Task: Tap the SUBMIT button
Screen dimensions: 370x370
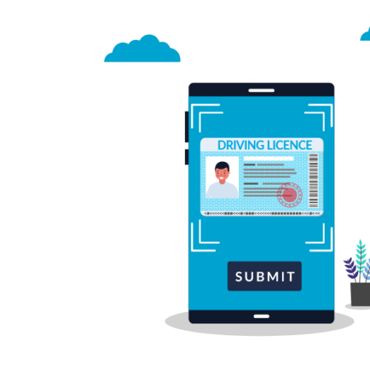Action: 264,276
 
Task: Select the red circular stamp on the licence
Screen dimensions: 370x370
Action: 289,195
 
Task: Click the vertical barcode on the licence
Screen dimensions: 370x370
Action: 314,181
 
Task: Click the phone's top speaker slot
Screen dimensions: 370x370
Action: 261,90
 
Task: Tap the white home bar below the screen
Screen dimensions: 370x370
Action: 261,316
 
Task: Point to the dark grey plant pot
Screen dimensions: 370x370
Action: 360,295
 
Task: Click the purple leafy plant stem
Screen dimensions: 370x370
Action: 351,269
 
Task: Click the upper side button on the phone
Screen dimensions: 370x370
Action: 186,127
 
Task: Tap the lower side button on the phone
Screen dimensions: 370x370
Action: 186,157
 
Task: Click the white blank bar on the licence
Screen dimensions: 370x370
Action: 269,158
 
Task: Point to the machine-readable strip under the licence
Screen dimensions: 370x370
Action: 262,213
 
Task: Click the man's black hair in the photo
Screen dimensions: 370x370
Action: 222,166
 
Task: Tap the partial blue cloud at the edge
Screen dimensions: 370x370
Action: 366,34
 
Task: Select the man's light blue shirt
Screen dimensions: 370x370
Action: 222,190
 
